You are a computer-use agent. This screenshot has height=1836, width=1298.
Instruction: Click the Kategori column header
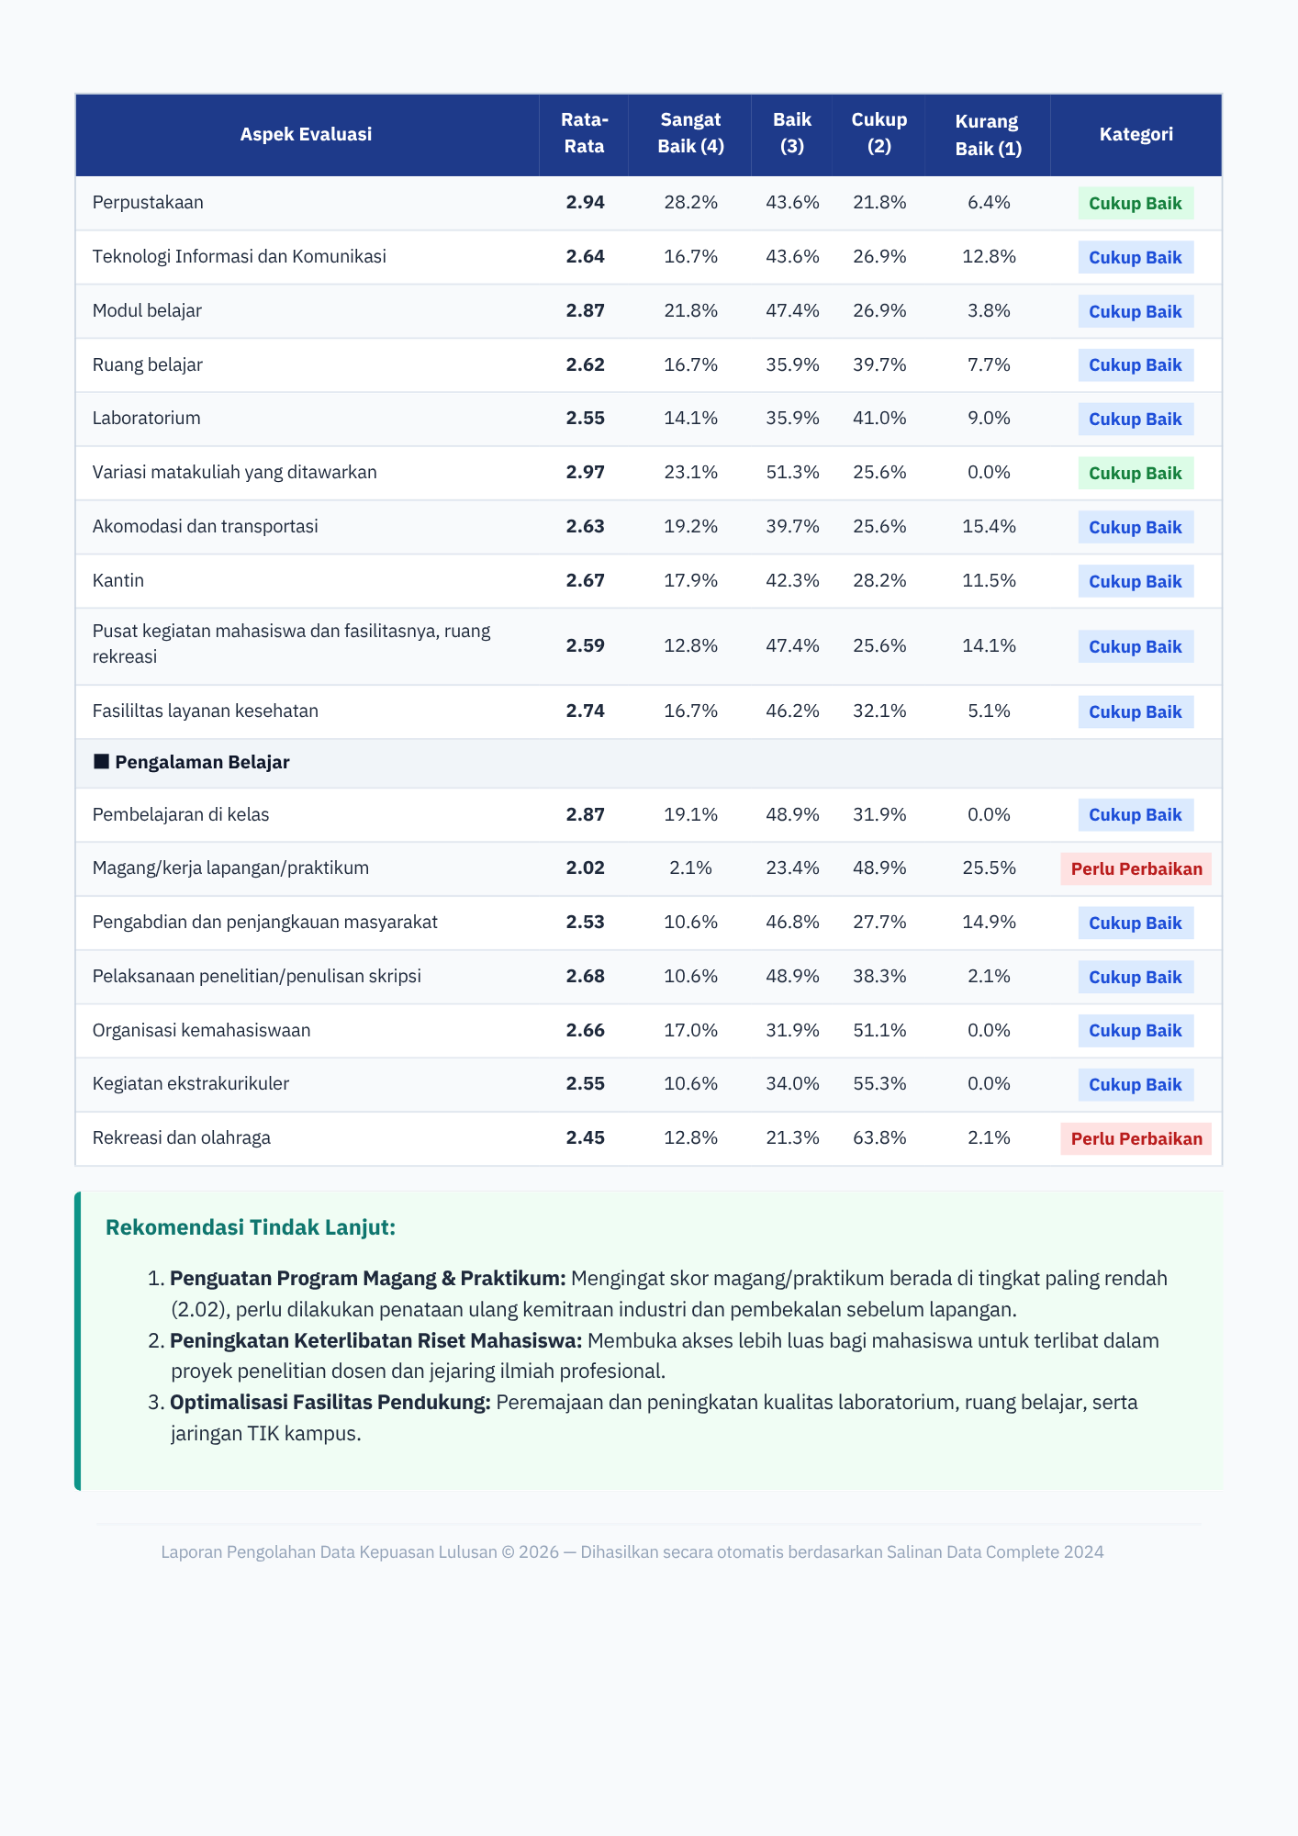click(1136, 134)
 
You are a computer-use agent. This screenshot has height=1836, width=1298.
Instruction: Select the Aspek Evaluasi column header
click(306, 134)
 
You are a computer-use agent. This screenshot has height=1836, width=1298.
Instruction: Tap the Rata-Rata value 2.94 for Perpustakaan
click(585, 202)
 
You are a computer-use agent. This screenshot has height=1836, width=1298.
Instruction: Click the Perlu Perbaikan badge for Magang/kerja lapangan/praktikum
click(1136, 868)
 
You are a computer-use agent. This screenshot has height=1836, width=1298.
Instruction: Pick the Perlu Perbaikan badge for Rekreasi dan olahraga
click(1136, 1138)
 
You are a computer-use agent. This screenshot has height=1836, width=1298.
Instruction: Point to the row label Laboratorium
click(146, 418)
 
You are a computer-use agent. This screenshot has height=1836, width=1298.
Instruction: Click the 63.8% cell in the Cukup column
click(879, 1137)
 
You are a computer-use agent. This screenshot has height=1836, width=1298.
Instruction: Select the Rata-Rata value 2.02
click(585, 868)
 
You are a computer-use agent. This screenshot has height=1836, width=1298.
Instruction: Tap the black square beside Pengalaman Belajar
click(101, 761)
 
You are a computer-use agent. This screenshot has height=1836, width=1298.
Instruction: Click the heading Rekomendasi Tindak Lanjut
click(251, 1227)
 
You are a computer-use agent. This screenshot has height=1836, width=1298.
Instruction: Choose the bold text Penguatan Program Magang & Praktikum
click(368, 1278)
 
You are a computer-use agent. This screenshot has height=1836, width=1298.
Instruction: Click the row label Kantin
click(118, 580)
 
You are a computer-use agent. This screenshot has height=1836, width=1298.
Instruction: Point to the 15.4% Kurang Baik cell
click(989, 526)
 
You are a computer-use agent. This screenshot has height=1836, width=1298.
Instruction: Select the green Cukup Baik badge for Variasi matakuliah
click(1136, 474)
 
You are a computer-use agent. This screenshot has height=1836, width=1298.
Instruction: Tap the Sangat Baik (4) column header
click(690, 133)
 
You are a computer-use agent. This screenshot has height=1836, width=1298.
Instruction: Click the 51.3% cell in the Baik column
click(792, 472)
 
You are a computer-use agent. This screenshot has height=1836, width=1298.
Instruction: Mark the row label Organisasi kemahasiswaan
click(201, 1030)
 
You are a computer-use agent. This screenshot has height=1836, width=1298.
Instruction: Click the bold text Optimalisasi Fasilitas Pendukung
click(330, 1402)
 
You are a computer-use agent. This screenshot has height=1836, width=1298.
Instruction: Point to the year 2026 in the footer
click(539, 1551)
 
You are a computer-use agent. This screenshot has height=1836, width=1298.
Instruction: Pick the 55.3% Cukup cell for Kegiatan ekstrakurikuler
click(879, 1083)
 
